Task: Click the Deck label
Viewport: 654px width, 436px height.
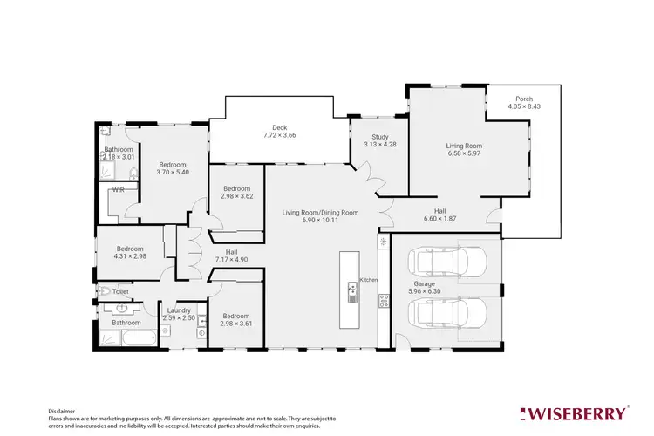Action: point(280,127)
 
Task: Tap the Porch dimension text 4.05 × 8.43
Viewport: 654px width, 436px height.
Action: point(523,107)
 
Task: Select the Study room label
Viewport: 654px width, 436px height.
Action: point(379,137)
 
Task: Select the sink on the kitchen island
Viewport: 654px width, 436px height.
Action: point(352,292)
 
